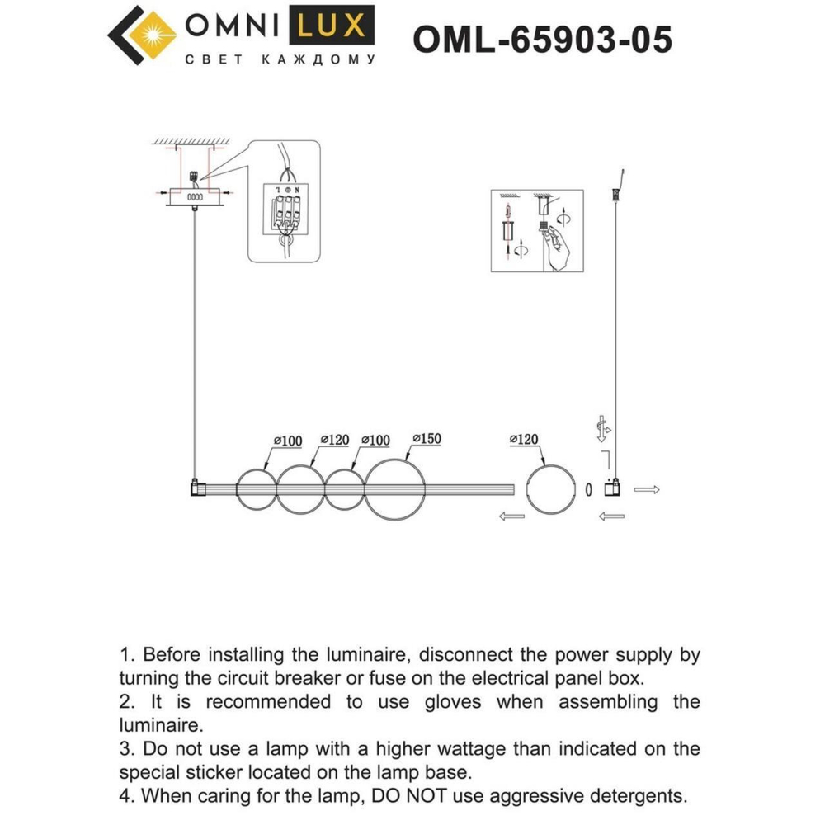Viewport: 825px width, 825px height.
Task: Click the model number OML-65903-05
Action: (x=542, y=38)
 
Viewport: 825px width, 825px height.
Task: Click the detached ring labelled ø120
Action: (x=548, y=489)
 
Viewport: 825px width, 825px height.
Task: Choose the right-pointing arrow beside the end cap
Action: (x=647, y=490)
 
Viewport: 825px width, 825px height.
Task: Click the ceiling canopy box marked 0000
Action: (x=195, y=198)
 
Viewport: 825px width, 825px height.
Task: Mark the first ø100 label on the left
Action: (x=287, y=441)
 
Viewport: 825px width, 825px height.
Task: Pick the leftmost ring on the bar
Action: (x=254, y=489)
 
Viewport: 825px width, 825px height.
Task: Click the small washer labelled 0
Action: (x=588, y=489)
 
